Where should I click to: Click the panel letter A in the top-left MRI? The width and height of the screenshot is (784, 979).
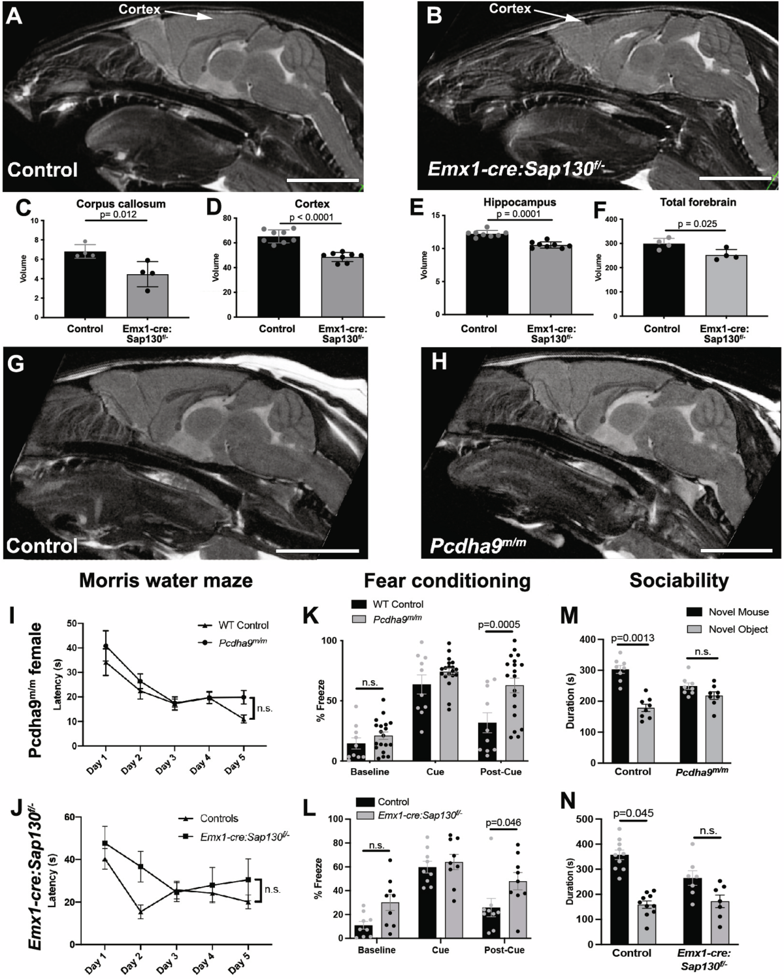pos(14,16)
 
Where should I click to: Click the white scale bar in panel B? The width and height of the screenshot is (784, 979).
pos(735,178)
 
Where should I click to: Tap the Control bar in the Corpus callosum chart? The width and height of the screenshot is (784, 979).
pos(85,284)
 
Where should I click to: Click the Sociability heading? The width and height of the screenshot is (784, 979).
pos(679,580)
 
